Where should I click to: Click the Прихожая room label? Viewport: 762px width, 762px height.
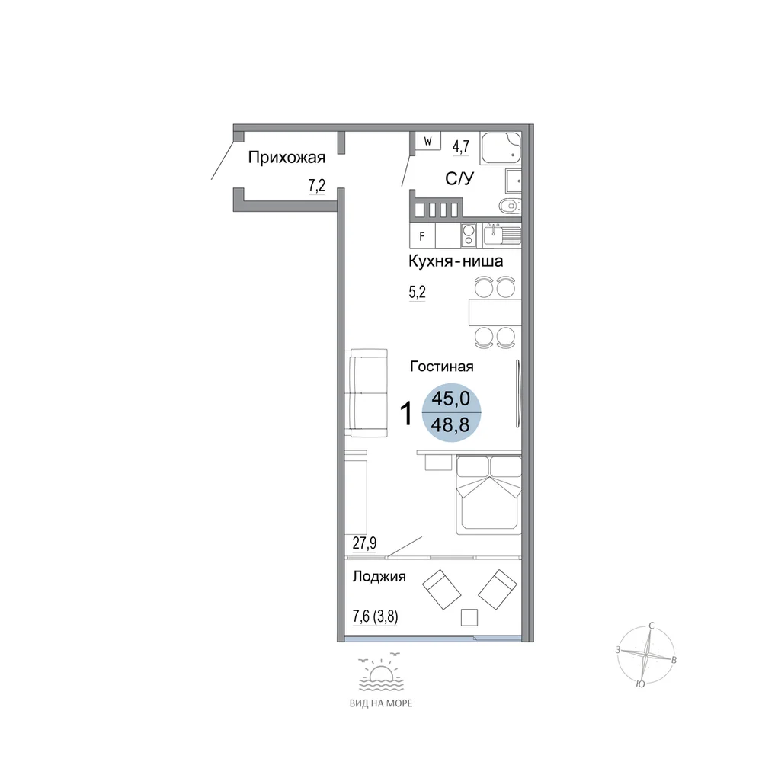[287, 158]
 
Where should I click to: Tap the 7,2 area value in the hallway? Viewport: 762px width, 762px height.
[317, 185]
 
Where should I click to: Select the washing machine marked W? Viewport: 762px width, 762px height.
[427, 141]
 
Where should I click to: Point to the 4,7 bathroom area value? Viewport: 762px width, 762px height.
[461, 146]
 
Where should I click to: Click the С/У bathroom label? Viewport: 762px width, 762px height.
[459, 179]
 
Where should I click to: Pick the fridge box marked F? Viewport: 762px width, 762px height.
[422, 236]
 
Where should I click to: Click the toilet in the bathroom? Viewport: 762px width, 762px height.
[511, 206]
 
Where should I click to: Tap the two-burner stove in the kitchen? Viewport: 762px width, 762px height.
[469, 235]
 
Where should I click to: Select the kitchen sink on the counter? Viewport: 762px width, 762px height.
[502, 235]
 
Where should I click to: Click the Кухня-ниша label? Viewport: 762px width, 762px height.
[456, 261]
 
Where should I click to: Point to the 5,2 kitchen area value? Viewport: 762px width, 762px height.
[418, 292]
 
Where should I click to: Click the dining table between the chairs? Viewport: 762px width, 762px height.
[495, 312]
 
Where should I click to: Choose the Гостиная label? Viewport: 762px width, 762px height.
[442, 367]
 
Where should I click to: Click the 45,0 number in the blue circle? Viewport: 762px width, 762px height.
[451, 399]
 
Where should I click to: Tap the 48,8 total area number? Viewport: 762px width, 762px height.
[450, 425]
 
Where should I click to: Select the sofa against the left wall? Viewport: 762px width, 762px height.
[367, 392]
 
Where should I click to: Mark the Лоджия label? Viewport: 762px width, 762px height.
[379, 577]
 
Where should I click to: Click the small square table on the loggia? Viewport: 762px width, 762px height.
[469, 617]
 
